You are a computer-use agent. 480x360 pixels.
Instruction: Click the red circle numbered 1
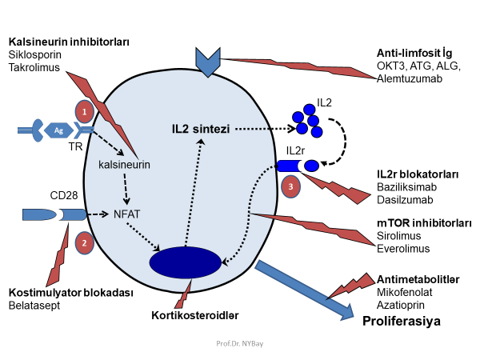(84, 110)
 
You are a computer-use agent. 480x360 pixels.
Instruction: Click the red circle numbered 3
(292, 186)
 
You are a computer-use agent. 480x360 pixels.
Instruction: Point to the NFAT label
(127, 214)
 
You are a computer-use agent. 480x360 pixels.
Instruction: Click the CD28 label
(64, 194)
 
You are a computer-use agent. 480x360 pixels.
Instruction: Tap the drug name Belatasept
(34, 306)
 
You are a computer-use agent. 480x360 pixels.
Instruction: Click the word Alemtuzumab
(409, 78)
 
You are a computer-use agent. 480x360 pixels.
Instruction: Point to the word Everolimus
(403, 248)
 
